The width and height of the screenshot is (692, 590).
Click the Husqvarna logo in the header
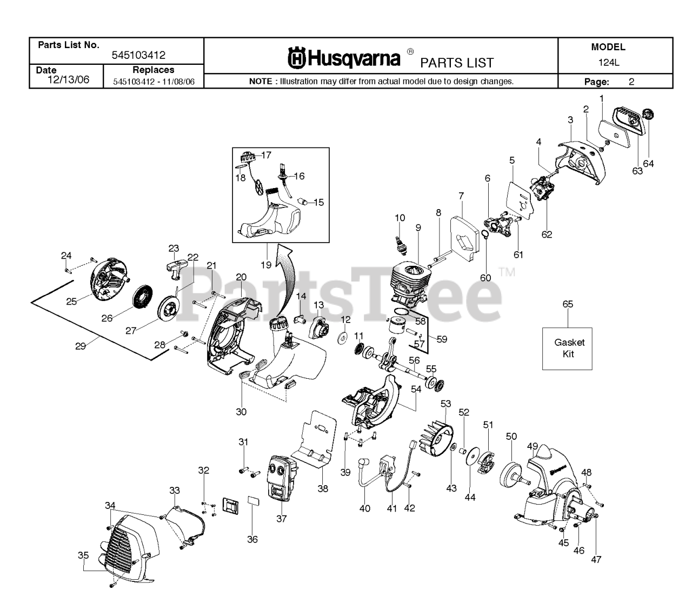coord(344,58)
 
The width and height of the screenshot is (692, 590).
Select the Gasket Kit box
coord(567,348)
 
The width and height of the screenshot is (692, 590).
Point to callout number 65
coord(568,304)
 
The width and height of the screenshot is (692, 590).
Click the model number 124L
coord(608,62)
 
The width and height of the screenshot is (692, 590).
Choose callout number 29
coord(80,346)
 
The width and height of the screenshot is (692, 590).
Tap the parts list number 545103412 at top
coord(138,55)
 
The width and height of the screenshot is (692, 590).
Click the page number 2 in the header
coord(631,82)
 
